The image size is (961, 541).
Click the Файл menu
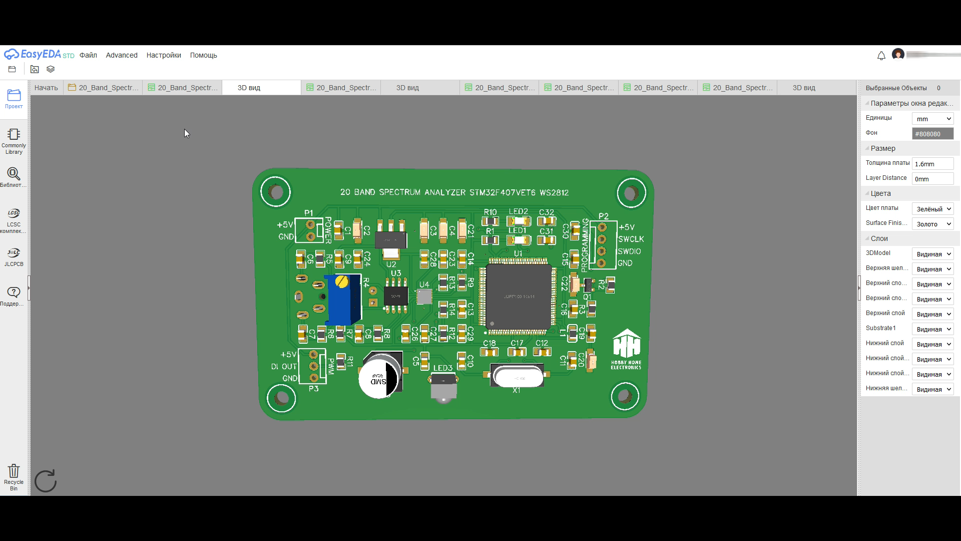point(88,55)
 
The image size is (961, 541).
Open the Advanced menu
point(122,55)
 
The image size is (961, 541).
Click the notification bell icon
point(881,56)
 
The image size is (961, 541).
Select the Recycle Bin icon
point(14,476)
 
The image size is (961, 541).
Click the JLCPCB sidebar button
point(14,256)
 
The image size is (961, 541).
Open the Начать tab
point(46,88)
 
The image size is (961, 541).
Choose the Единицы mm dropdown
point(932,119)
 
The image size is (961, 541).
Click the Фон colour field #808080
point(932,134)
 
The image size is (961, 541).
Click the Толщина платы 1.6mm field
point(932,164)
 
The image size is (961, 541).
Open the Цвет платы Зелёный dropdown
point(932,209)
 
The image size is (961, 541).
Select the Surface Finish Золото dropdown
point(932,224)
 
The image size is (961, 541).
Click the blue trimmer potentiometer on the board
point(343,300)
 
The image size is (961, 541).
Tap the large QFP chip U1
point(519,297)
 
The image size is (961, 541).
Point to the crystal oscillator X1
point(517,376)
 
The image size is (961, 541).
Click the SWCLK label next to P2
point(631,239)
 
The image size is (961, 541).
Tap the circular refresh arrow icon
point(46,481)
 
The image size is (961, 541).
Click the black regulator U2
point(391,239)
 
